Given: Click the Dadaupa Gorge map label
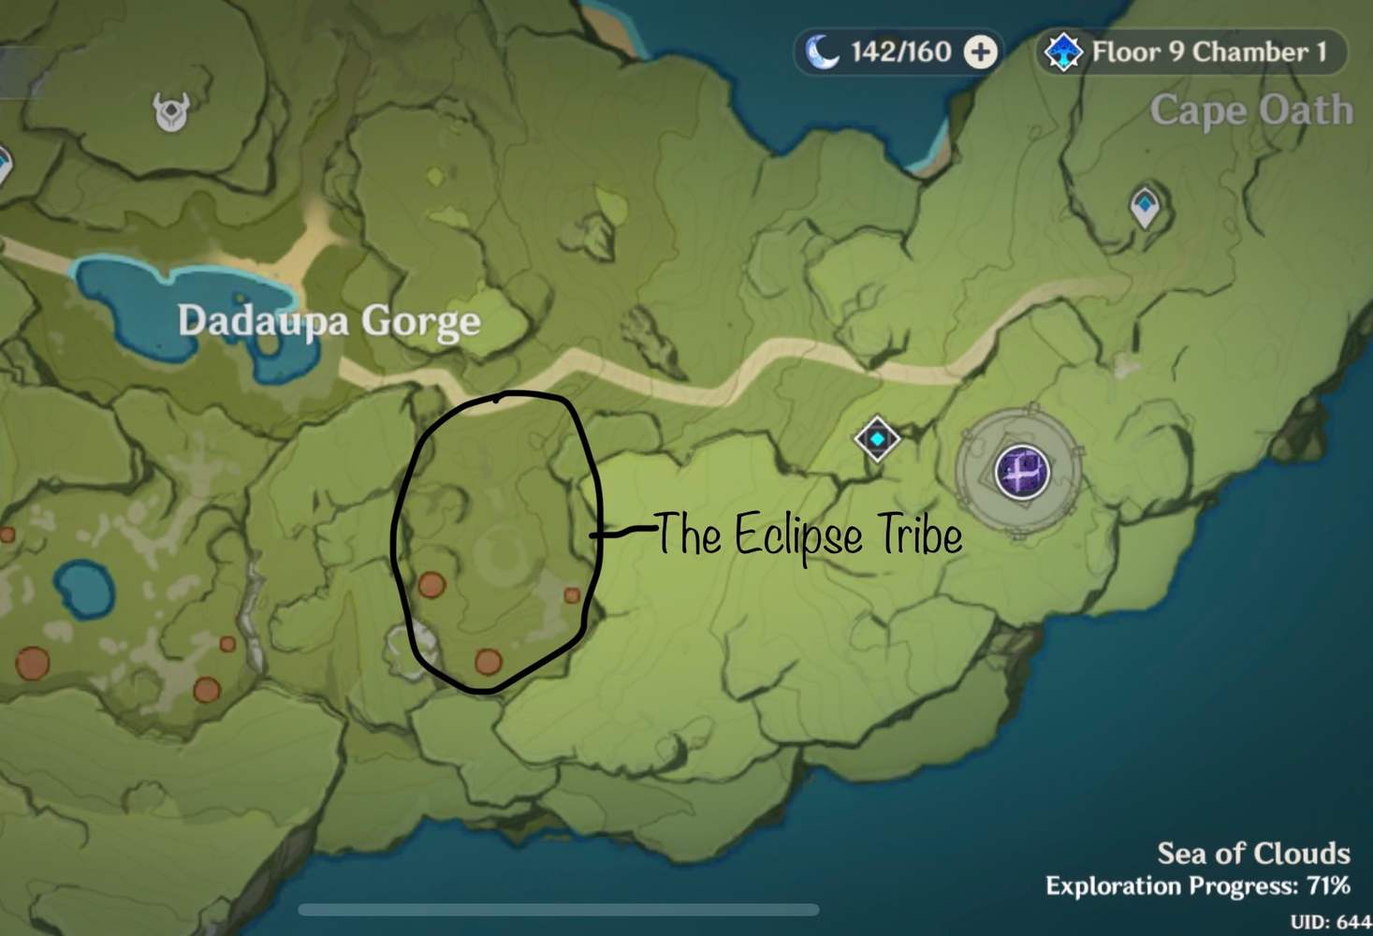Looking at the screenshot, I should click(x=329, y=321).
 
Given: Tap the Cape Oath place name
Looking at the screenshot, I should click(x=1251, y=110).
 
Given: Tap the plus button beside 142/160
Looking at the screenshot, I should click(x=980, y=51).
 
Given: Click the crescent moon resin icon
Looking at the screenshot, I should click(x=822, y=51).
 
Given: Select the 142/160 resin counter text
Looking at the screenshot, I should click(x=900, y=51).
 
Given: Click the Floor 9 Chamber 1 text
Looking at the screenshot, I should click(x=1209, y=51).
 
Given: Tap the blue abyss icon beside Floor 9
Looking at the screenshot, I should click(x=1063, y=51).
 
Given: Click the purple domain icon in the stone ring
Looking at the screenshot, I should click(x=1021, y=470).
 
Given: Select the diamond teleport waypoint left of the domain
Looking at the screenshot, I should click(x=877, y=438).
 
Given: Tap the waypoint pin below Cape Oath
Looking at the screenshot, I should click(x=1145, y=208).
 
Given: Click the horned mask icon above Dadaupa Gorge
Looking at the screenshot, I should click(x=171, y=112).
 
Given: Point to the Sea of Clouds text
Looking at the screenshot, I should click(x=1253, y=853).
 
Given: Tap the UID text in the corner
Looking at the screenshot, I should click(x=1330, y=922).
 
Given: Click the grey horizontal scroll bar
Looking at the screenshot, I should click(x=559, y=910).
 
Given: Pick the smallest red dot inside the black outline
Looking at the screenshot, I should click(x=572, y=595).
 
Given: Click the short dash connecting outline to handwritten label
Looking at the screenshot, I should click(x=621, y=533).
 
